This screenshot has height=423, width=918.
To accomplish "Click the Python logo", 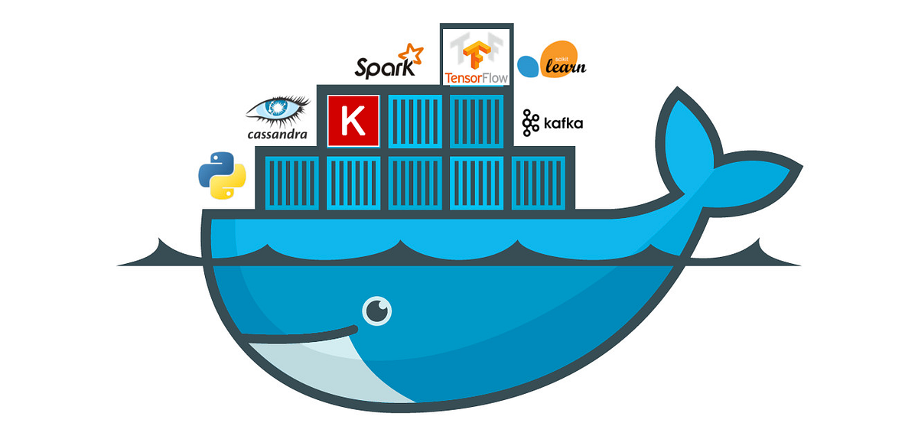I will [x=223, y=175].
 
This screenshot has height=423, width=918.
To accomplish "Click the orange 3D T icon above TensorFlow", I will [x=476, y=50].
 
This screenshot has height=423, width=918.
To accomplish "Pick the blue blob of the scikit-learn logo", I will [x=529, y=67].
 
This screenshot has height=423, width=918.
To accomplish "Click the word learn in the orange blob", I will [x=565, y=67].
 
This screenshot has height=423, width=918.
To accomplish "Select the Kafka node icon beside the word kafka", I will [x=530, y=122].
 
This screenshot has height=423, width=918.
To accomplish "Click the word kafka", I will [x=562, y=123].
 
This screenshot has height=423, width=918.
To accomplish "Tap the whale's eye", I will [x=376, y=310].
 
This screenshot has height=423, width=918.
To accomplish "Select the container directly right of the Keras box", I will [x=415, y=120].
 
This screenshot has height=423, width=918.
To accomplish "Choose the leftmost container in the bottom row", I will [x=291, y=182].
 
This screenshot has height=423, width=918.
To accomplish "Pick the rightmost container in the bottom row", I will [x=538, y=182].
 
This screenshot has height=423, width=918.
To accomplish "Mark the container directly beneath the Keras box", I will [x=353, y=182].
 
